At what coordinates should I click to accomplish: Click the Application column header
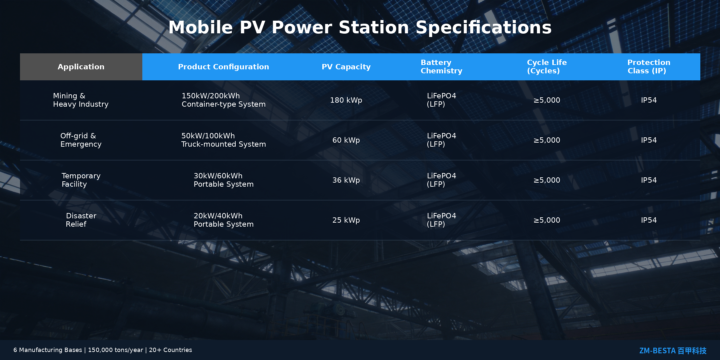pyautogui.click(x=81, y=67)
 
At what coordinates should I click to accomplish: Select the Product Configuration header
pyautogui.click(x=223, y=67)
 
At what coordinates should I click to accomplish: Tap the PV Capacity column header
pyautogui.click(x=346, y=67)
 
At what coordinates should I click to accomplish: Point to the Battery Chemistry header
pyautogui.click(x=441, y=67)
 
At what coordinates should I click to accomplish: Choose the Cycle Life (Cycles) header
pyautogui.click(x=547, y=67)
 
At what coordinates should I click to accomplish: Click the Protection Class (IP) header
pyautogui.click(x=649, y=67)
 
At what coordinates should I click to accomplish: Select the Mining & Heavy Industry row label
pyautogui.click(x=81, y=100)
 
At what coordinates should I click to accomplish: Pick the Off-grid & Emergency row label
pyautogui.click(x=81, y=140)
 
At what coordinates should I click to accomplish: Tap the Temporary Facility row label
pyautogui.click(x=81, y=180)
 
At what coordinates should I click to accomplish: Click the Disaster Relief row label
pyautogui.click(x=81, y=220)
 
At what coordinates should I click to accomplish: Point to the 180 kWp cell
pyautogui.click(x=346, y=100)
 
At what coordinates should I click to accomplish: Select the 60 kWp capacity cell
pyautogui.click(x=346, y=140)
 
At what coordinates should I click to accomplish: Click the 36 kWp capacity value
pyautogui.click(x=346, y=180)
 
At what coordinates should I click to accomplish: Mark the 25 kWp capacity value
pyautogui.click(x=346, y=220)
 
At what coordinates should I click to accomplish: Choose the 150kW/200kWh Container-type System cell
pyautogui.click(x=224, y=100)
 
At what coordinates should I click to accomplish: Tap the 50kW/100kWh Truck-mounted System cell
pyautogui.click(x=224, y=140)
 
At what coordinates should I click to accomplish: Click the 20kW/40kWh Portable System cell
pyautogui.click(x=224, y=220)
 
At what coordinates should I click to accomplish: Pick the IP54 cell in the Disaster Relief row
pyautogui.click(x=649, y=220)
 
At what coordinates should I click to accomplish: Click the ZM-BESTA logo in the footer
pyautogui.click(x=673, y=351)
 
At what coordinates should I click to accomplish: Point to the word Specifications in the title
pyautogui.click(x=484, y=27)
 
